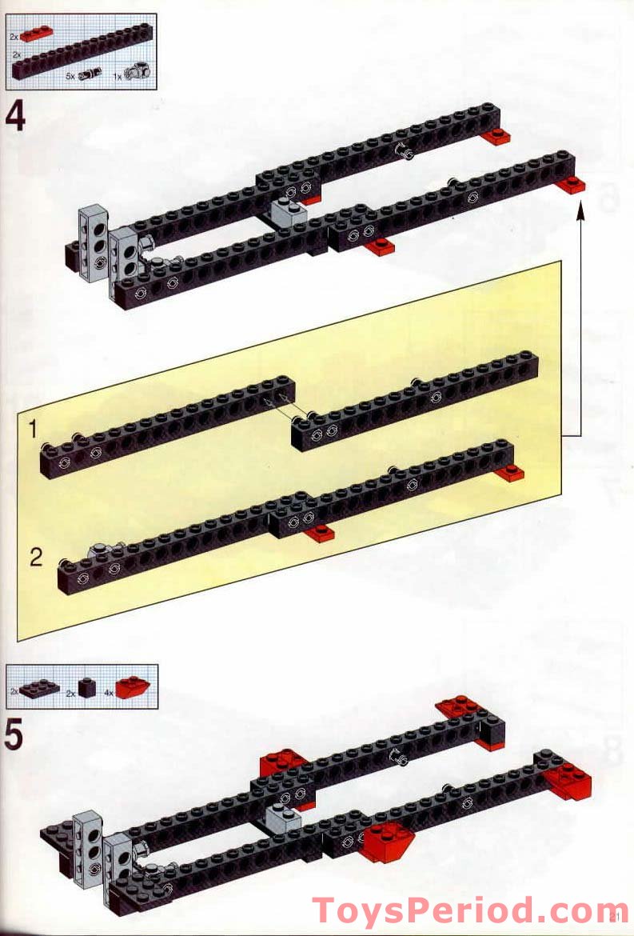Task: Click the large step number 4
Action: click(15, 117)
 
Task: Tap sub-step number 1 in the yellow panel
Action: click(33, 430)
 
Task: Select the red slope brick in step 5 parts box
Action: click(134, 688)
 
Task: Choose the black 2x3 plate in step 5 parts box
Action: click(40, 688)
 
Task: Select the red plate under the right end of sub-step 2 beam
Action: click(508, 474)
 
